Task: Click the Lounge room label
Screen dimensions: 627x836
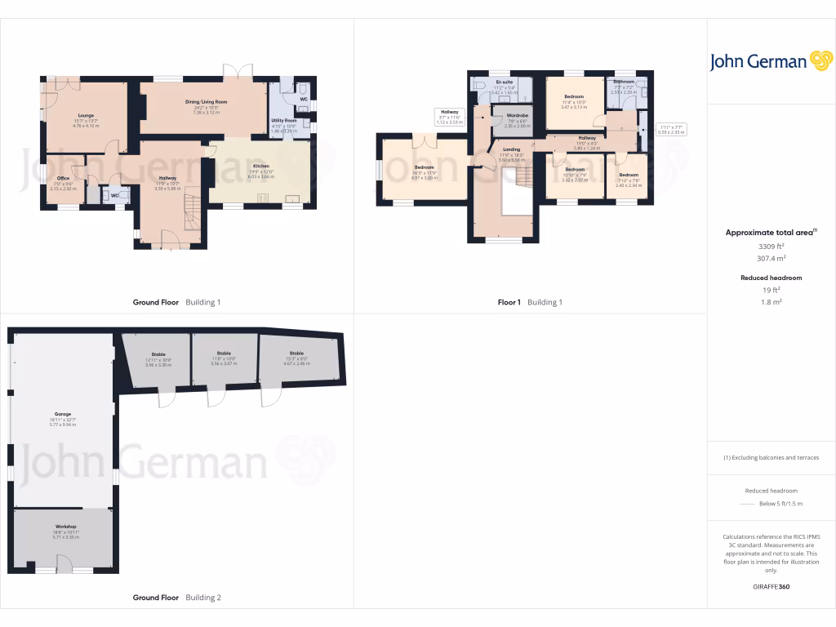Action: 86,115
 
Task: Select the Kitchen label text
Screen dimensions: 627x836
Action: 260,166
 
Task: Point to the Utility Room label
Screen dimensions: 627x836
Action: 283,120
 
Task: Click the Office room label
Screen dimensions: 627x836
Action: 63,178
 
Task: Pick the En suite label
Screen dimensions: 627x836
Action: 505,82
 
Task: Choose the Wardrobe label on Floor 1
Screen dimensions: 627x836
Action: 518,116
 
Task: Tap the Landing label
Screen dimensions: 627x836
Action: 512,149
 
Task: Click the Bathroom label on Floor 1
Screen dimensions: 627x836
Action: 625,82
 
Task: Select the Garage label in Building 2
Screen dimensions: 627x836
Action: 63,414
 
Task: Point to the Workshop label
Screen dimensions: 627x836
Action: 65,527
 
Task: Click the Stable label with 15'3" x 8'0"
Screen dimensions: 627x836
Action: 296,354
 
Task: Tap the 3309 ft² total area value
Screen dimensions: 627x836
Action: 771,246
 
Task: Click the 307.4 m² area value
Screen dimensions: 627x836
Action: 771,258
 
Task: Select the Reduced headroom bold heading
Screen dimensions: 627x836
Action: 771,278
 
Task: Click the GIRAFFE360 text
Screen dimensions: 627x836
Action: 771,587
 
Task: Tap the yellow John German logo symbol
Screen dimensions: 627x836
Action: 820,61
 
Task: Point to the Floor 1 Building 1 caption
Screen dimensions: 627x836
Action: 530,302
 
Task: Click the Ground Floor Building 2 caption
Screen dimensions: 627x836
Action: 176,598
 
